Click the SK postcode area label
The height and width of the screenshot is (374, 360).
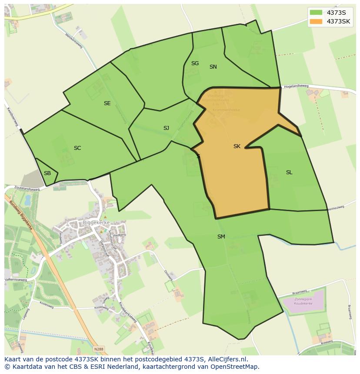237,146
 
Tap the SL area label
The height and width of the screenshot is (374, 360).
289,172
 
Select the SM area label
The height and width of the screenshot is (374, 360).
221,237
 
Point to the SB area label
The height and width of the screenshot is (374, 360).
47,173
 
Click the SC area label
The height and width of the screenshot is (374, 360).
77,148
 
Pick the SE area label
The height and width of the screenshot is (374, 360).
107,103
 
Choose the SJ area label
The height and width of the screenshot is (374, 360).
166,128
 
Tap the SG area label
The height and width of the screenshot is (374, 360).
195,63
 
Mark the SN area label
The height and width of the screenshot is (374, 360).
213,67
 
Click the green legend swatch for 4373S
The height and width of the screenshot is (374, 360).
316,12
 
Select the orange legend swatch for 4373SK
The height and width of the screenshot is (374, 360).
316,21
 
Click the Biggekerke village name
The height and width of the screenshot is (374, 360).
96,223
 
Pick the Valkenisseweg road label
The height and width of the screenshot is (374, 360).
16,280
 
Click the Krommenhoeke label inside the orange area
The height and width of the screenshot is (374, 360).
225,110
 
